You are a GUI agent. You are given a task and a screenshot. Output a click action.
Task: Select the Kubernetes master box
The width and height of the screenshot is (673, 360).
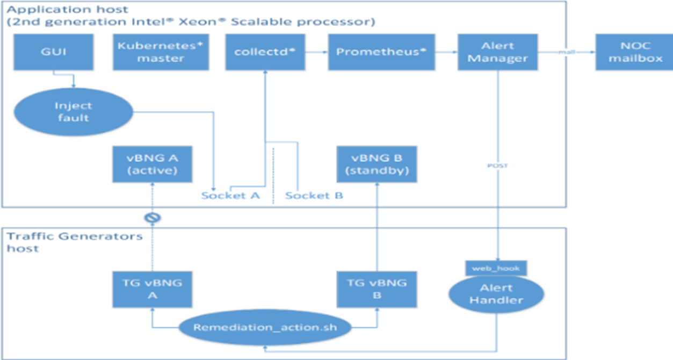(x=161, y=52)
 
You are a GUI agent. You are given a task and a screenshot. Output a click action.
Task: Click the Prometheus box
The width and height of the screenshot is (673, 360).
(x=381, y=52)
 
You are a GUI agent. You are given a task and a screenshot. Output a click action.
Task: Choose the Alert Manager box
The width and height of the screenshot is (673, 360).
(x=497, y=52)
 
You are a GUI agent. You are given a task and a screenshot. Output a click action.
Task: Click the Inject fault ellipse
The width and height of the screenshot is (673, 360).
(x=73, y=112)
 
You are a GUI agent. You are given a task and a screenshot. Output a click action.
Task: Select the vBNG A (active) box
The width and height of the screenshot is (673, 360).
(x=153, y=164)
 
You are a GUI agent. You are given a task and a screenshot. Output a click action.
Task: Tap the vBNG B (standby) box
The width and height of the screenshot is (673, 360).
(x=376, y=164)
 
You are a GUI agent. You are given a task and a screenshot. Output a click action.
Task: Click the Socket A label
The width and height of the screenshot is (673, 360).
(x=230, y=196)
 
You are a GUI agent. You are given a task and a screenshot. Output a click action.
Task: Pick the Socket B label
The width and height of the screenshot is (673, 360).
(x=314, y=196)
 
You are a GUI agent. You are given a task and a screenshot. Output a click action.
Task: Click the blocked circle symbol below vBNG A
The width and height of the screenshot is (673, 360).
(x=153, y=218)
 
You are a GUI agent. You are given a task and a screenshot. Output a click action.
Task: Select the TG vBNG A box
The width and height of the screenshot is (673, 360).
(x=153, y=289)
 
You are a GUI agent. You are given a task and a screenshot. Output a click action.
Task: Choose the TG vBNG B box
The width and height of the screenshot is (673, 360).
(x=376, y=289)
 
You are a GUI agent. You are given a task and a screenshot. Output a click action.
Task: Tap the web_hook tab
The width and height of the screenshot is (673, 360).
(x=496, y=267)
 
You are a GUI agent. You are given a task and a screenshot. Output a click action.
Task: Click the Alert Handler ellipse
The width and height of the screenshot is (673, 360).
(x=496, y=294)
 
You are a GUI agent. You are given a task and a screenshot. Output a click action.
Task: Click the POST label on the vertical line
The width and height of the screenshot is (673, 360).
(x=497, y=166)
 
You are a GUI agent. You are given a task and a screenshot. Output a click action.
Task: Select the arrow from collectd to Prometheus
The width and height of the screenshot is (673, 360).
(x=317, y=52)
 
